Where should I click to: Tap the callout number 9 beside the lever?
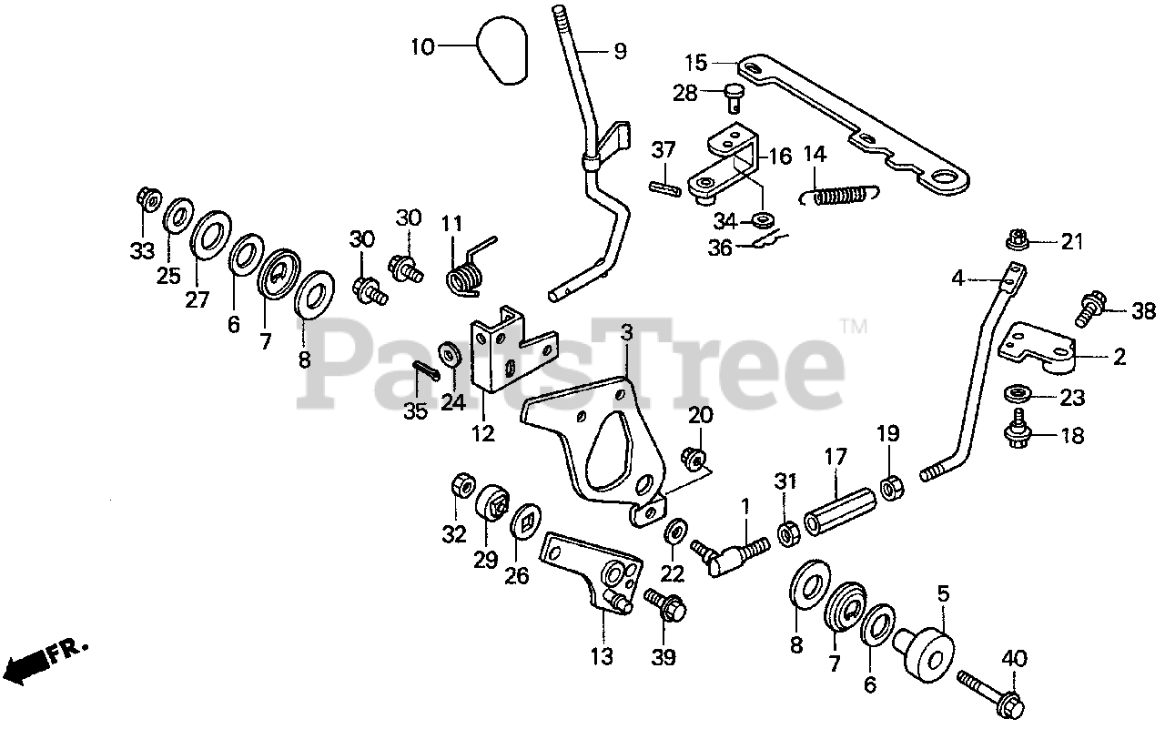click(x=620, y=52)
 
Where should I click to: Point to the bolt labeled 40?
click(x=989, y=692)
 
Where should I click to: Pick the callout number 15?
click(x=696, y=64)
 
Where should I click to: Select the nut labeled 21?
click(x=1018, y=241)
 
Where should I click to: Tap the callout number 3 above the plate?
click(x=626, y=333)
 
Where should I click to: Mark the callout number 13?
click(x=602, y=656)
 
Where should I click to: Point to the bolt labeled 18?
click(x=1018, y=431)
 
